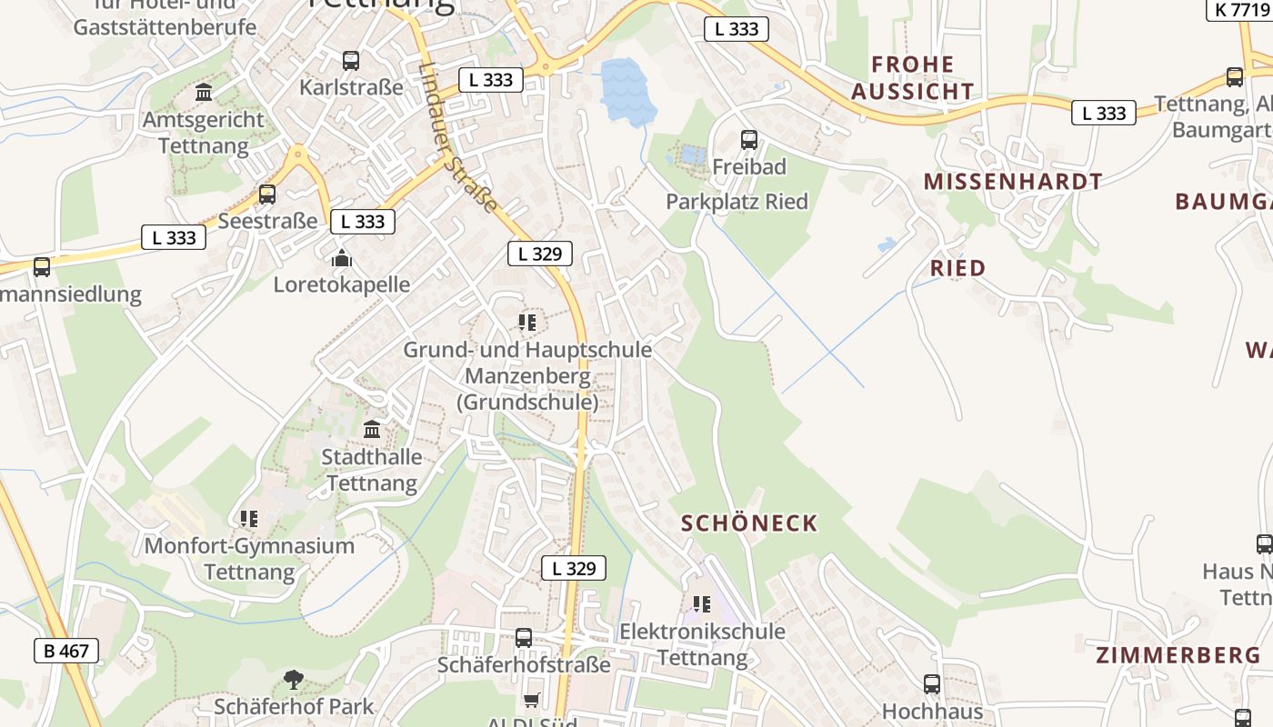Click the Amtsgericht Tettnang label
(x=204, y=133)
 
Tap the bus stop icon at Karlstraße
(x=351, y=61)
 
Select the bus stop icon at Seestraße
(x=267, y=194)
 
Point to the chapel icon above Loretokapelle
(x=342, y=258)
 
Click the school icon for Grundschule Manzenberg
(x=527, y=322)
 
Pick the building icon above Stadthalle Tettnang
(x=373, y=429)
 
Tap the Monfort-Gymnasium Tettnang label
(x=249, y=559)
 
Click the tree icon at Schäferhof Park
(x=293, y=679)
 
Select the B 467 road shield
(x=66, y=651)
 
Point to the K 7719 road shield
(x=1238, y=10)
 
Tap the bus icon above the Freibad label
(x=749, y=140)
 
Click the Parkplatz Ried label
(x=737, y=202)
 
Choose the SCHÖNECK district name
(x=749, y=523)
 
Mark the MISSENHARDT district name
(x=1013, y=182)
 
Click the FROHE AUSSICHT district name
(x=913, y=78)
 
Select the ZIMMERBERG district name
(x=1178, y=655)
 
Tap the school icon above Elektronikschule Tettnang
(x=702, y=603)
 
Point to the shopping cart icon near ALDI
(x=531, y=700)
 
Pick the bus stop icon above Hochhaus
(x=932, y=684)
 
